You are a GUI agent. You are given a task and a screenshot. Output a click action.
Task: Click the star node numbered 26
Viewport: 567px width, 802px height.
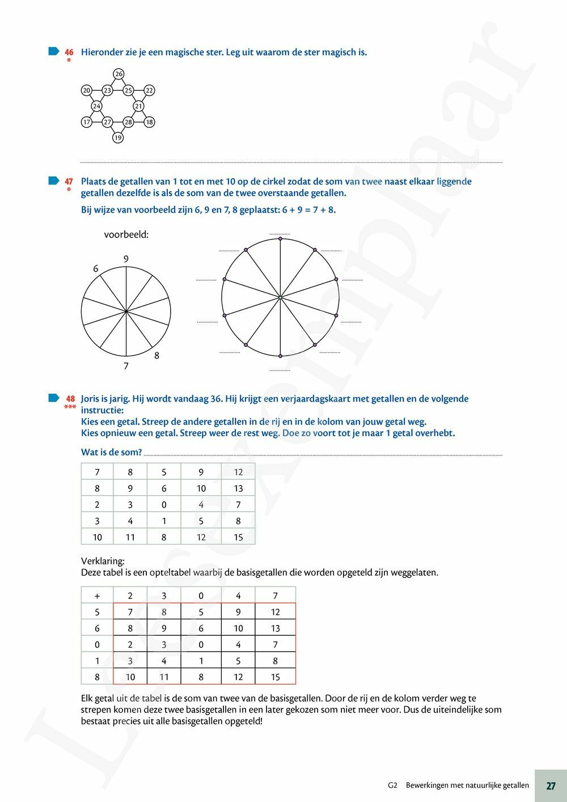118,74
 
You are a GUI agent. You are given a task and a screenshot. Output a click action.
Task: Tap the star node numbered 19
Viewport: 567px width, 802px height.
117,137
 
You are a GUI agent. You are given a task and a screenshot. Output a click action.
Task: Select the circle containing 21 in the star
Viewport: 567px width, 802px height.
138,106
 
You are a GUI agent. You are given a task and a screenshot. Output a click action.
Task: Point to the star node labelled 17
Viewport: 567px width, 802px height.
86,122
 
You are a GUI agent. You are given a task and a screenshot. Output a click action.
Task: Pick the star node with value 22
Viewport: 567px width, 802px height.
149,90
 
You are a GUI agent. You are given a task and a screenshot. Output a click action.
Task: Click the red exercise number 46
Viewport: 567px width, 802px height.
69,52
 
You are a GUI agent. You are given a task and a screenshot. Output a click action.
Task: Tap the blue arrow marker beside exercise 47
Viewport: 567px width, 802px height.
53,181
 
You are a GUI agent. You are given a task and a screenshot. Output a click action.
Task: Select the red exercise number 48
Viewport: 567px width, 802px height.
70,399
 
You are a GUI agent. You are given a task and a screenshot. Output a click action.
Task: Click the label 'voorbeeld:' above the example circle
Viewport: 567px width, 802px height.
126,234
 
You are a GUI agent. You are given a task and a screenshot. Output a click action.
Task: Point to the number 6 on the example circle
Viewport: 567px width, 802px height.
96,269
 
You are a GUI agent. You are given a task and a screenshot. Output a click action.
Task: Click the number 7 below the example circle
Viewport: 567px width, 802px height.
126,366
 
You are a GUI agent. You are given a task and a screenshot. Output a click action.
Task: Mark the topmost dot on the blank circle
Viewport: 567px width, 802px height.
280,239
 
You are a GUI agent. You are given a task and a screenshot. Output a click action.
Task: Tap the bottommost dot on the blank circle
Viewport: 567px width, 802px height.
280,356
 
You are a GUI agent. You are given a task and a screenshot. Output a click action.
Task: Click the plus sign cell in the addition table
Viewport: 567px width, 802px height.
97,596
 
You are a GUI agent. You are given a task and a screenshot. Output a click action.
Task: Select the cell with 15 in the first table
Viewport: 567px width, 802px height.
238,537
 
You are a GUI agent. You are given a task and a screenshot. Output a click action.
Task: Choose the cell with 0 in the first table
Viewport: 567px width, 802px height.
164,504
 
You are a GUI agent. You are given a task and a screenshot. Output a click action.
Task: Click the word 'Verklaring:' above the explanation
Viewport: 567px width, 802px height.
103,561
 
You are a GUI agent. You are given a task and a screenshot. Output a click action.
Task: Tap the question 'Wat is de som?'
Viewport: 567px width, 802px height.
111,452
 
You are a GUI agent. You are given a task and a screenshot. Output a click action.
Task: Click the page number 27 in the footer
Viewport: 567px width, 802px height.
551,786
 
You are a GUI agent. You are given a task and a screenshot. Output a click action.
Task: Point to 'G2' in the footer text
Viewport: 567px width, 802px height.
393,786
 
